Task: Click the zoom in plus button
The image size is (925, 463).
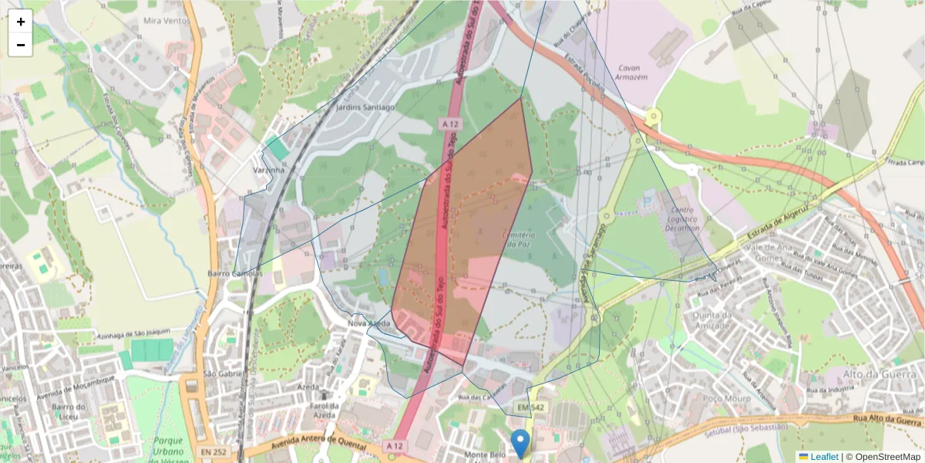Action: coord(21,22)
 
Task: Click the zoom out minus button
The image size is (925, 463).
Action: coord(21,45)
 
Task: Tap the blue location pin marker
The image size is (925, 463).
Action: coord(521,443)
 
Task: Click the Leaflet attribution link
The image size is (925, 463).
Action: coord(823,457)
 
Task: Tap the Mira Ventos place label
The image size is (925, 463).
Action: coord(166,21)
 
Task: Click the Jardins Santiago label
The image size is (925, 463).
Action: coord(366,107)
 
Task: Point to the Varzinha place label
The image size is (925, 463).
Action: coord(269,170)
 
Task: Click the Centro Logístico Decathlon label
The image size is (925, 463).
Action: coord(682,218)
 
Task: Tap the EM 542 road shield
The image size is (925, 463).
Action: coord(531,407)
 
